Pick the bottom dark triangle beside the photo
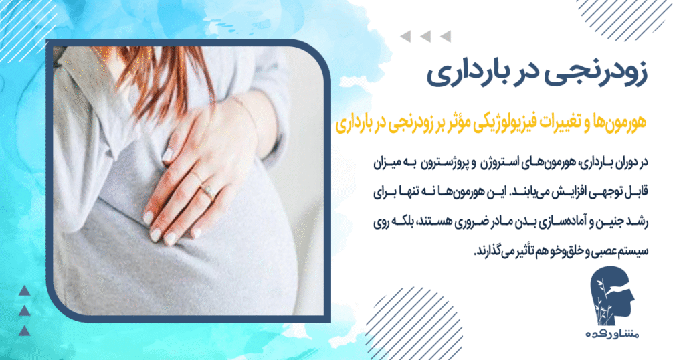pos(24,331)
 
